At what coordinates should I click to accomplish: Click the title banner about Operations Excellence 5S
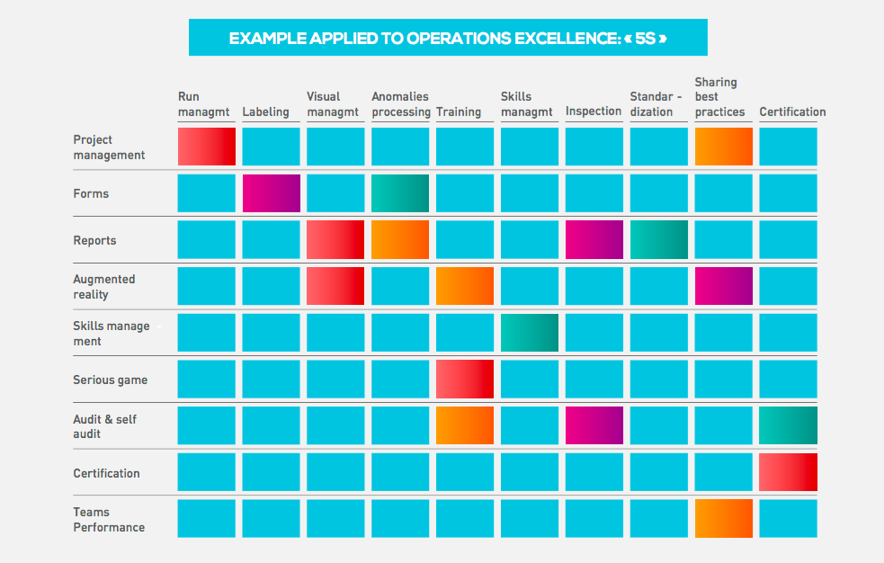click(448, 38)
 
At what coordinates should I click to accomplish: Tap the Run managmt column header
click(203, 104)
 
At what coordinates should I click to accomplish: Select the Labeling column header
click(265, 112)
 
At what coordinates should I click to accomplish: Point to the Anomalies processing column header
click(400, 104)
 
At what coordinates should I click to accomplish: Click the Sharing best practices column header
click(720, 97)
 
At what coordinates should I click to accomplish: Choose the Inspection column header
click(594, 111)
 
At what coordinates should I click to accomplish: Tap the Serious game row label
click(111, 380)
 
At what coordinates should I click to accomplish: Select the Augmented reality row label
click(104, 287)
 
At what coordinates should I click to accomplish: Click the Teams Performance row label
click(109, 520)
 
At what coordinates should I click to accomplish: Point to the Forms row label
click(91, 194)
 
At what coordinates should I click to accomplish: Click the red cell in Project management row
click(207, 147)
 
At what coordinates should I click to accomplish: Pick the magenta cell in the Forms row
click(272, 193)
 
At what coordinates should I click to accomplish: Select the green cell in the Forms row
click(400, 193)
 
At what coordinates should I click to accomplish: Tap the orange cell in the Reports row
click(400, 239)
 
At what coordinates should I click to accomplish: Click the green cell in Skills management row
click(530, 333)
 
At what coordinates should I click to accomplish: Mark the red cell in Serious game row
click(465, 380)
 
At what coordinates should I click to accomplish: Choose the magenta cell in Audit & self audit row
click(594, 425)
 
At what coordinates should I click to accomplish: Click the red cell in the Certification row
click(788, 472)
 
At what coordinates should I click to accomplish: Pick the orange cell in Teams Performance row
click(724, 518)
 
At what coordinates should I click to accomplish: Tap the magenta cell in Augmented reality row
click(724, 286)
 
